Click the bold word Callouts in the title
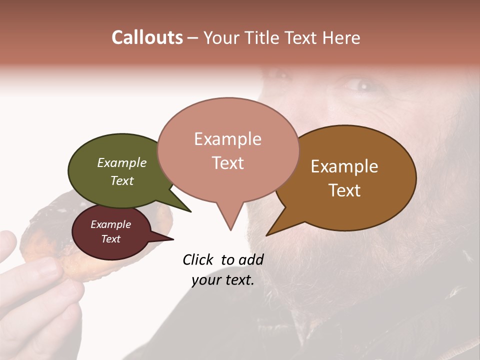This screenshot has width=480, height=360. coord(147,37)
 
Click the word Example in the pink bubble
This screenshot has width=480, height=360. coord(227,139)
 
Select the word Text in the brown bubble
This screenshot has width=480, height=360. coord(345,190)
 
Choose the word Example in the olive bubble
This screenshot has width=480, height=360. coord(121,163)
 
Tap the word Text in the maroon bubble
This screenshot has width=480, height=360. coord(110,239)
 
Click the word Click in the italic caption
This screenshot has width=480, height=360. coord(198,259)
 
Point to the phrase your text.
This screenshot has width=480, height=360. coord(222,280)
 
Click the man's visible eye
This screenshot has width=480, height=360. coord(361,85)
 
